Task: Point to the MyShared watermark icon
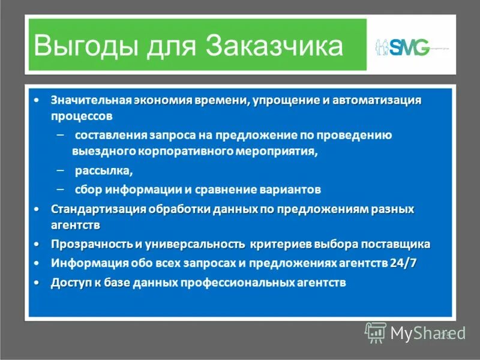[x=376, y=332]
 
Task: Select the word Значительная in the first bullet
[x=91, y=100]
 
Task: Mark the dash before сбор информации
[x=59, y=189]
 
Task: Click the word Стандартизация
[x=92, y=209]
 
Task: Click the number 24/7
[x=403, y=263]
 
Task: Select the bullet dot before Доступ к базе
[x=37, y=282]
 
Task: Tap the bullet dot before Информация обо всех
[x=37, y=263]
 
